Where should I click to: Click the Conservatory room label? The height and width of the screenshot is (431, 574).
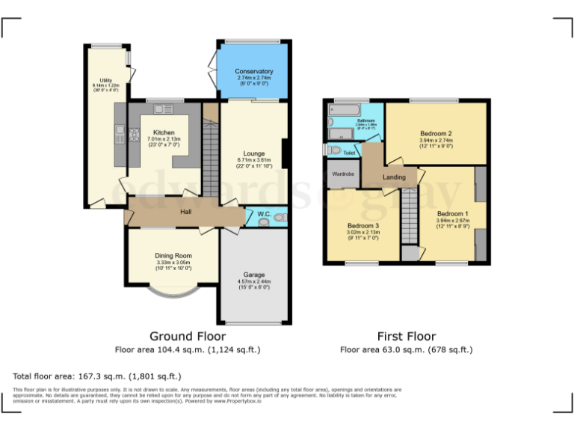(254, 71)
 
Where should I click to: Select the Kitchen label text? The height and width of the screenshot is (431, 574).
(164, 132)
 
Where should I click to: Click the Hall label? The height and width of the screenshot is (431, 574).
(186, 213)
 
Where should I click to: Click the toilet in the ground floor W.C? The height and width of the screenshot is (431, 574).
(279, 217)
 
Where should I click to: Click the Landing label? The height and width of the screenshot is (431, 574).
(394, 177)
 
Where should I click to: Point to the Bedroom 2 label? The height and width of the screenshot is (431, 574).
(436, 133)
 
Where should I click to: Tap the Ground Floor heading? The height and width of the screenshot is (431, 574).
(187, 336)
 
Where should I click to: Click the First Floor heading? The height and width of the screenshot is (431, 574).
(406, 336)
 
